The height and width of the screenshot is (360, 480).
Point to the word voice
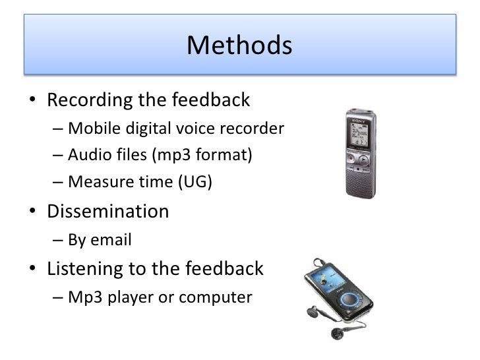click(x=191, y=128)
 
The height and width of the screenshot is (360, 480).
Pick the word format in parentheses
click(x=218, y=156)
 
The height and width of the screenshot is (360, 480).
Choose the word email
click(x=112, y=240)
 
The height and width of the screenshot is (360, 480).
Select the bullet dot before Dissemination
click(x=32, y=212)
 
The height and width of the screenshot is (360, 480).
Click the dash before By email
click(x=58, y=240)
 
